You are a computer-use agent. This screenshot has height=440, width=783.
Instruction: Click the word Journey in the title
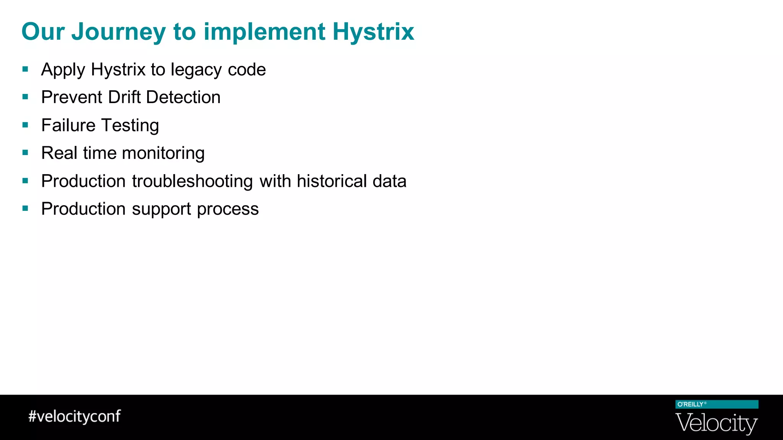tap(119, 32)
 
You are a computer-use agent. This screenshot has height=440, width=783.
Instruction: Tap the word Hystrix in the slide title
tap(373, 32)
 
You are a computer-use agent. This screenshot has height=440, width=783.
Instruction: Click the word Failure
tap(68, 125)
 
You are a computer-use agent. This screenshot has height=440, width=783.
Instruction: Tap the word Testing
tap(130, 125)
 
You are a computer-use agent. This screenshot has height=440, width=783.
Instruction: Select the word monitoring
tap(164, 153)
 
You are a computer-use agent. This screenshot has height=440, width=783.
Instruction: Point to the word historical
tap(332, 181)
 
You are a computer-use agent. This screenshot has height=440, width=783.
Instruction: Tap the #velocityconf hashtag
tap(75, 416)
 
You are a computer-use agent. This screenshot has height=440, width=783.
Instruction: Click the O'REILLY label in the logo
tap(690, 404)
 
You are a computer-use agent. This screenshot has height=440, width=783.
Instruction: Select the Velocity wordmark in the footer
tap(716, 423)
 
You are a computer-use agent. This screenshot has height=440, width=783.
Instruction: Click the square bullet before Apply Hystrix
tap(26, 70)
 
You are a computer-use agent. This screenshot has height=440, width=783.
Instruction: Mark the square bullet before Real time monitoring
tap(26, 153)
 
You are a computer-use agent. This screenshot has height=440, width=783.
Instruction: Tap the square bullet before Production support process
tap(26, 209)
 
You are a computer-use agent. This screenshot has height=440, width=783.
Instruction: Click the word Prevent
tap(72, 97)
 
